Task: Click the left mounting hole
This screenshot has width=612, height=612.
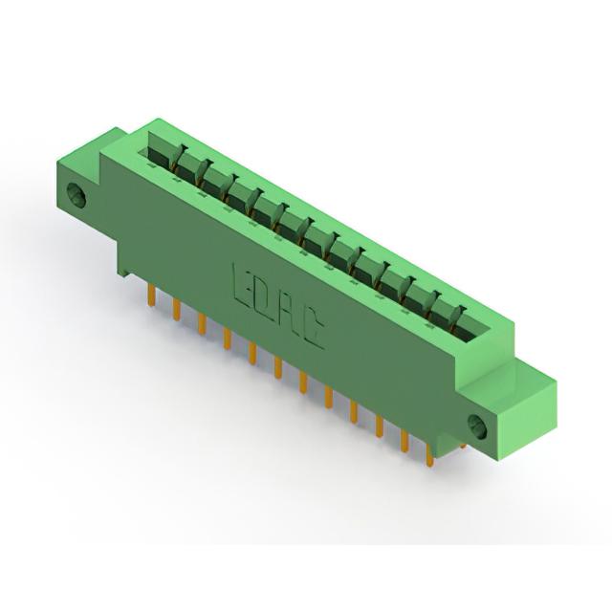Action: (x=76, y=194)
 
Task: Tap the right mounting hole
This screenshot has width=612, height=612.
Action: (x=477, y=426)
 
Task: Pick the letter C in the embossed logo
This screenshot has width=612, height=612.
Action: (x=312, y=331)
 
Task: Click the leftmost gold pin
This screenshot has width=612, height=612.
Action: (x=152, y=295)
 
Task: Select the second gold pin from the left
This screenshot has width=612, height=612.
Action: (x=176, y=310)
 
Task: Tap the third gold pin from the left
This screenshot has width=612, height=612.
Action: (x=202, y=324)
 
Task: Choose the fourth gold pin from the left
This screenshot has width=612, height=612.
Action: (x=227, y=339)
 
